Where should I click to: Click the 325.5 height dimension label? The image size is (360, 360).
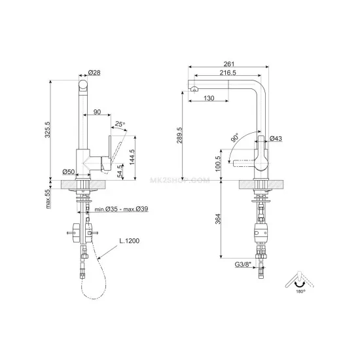coord(48,130)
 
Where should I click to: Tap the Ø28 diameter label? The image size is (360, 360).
coord(94,73)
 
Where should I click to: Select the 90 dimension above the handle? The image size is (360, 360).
coord(97,112)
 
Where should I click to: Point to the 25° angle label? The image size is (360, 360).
coord(120,124)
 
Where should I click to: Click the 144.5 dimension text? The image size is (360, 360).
coord(132,157)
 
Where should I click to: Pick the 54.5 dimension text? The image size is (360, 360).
coord(120,171)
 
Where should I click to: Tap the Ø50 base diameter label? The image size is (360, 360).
coord(69,171)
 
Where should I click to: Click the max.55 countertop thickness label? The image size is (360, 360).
coord(48,199)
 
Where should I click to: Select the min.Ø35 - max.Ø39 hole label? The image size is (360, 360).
coord(121,209)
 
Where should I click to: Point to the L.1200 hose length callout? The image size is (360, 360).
coord(130,241)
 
